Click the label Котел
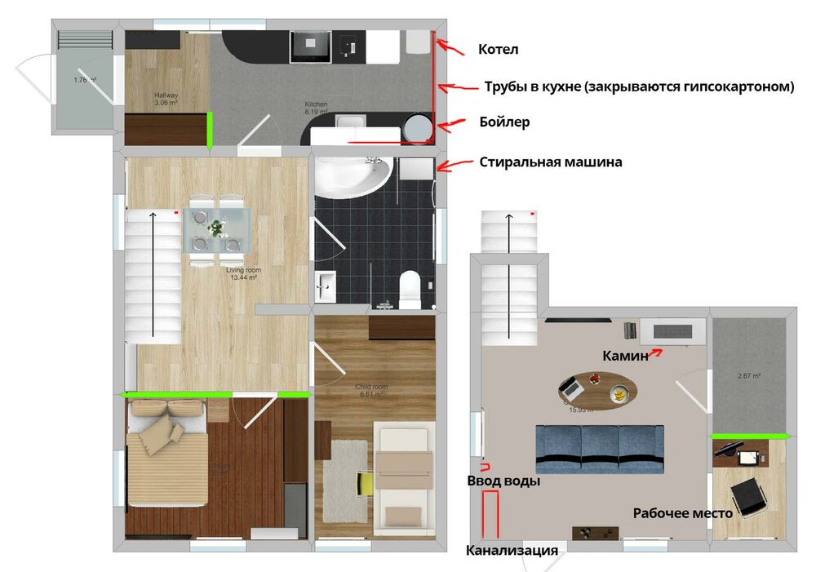[x=498, y=50]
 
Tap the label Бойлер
[x=504, y=122]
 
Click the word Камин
[x=625, y=356]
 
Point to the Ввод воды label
[x=503, y=481]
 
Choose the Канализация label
[x=512, y=550]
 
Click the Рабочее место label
[x=682, y=513]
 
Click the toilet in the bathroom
[x=410, y=288]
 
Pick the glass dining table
[x=217, y=231]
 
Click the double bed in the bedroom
[x=166, y=463]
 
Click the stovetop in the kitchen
[x=310, y=46]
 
